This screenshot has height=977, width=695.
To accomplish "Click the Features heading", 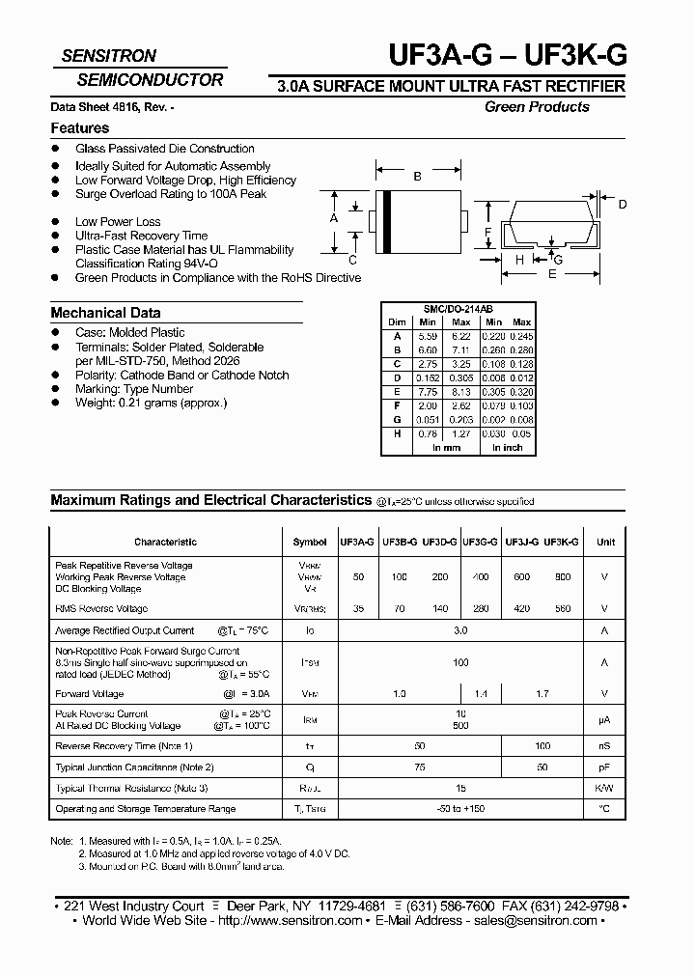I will click(79, 128).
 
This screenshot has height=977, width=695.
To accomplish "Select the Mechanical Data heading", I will click(105, 313).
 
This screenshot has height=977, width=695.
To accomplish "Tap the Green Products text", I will click(537, 107).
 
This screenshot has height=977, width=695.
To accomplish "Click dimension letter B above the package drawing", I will click(417, 177).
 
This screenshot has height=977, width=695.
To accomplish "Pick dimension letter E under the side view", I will click(552, 274).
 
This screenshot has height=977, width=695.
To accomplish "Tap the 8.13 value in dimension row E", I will click(461, 393).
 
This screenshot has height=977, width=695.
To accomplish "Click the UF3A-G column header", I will click(357, 543).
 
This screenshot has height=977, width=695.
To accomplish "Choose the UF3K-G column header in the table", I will click(561, 543).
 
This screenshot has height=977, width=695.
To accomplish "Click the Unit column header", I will click(605, 543).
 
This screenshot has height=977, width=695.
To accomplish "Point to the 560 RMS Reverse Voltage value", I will click(562, 609).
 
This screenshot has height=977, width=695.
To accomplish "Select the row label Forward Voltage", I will click(90, 694).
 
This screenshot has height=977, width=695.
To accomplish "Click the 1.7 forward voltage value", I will click(542, 694).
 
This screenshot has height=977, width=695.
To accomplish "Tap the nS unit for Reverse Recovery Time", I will click(605, 746).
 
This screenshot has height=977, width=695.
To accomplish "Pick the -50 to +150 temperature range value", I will click(460, 809).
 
